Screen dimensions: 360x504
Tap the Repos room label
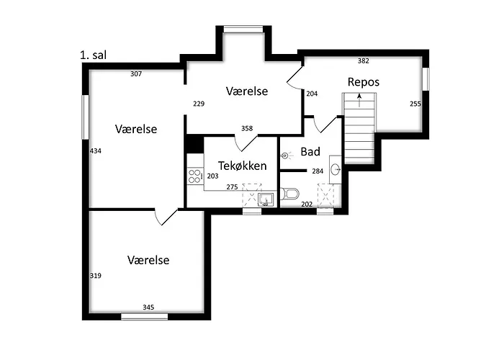363,82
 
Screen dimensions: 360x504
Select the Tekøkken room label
243,166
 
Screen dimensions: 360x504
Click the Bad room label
310,152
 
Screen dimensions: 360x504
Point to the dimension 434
95,151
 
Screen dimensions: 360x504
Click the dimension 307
136,73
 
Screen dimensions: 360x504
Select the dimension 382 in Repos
364,61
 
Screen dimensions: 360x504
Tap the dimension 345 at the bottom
148,307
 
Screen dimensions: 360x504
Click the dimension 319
95,276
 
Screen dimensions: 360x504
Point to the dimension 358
247,129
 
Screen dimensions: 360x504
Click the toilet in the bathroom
289,194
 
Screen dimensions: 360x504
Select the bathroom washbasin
336,169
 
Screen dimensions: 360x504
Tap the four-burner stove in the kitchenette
194,176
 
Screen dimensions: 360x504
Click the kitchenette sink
266,199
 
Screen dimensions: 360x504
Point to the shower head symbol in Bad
286,155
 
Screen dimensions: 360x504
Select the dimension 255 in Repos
415,104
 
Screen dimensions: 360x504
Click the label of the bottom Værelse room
148,260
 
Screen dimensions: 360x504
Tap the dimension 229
199,104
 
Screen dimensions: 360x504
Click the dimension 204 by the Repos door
312,94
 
